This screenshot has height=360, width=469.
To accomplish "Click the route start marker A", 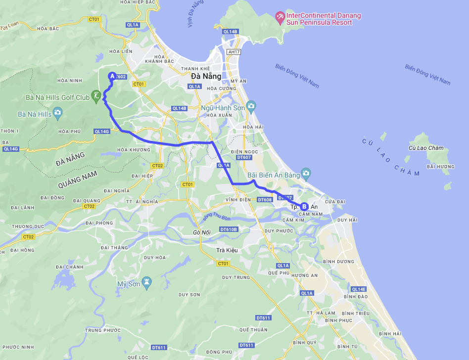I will pyautogui.click(x=112, y=76).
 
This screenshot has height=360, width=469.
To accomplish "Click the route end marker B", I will pyautogui.click(x=304, y=207).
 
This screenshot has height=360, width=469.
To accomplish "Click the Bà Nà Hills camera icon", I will pyautogui.click(x=58, y=114).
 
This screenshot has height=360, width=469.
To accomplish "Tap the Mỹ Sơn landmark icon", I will pyautogui.click(x=147, y=283).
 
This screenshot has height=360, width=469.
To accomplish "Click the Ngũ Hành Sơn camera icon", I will pyautogui.click(x=251, y=106).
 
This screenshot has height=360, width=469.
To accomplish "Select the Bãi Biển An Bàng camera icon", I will pyautogui.click(x=306, y=173).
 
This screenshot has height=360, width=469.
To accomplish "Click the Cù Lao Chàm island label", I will pyautogui.click(x=426, y=148).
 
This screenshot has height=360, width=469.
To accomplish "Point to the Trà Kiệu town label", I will pyautogui.click(x=227, y=250).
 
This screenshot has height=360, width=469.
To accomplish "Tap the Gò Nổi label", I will pyautogui.click(x=202, y=232).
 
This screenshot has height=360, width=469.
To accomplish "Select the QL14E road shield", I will pyautogui.click(x=359, y=289).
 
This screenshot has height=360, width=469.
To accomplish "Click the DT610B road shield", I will pyautogui.click(x=229, y=229).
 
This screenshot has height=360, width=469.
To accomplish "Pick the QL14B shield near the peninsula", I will pyautogui.click(x=231, y=32).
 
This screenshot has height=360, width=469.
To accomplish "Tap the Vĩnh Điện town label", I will pyautogui.click(x=236, y=200).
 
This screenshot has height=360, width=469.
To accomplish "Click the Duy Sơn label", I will pyautogui.click(x=189, y=295).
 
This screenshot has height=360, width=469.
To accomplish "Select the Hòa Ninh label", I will pyautogui.click(x=69, y=80).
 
